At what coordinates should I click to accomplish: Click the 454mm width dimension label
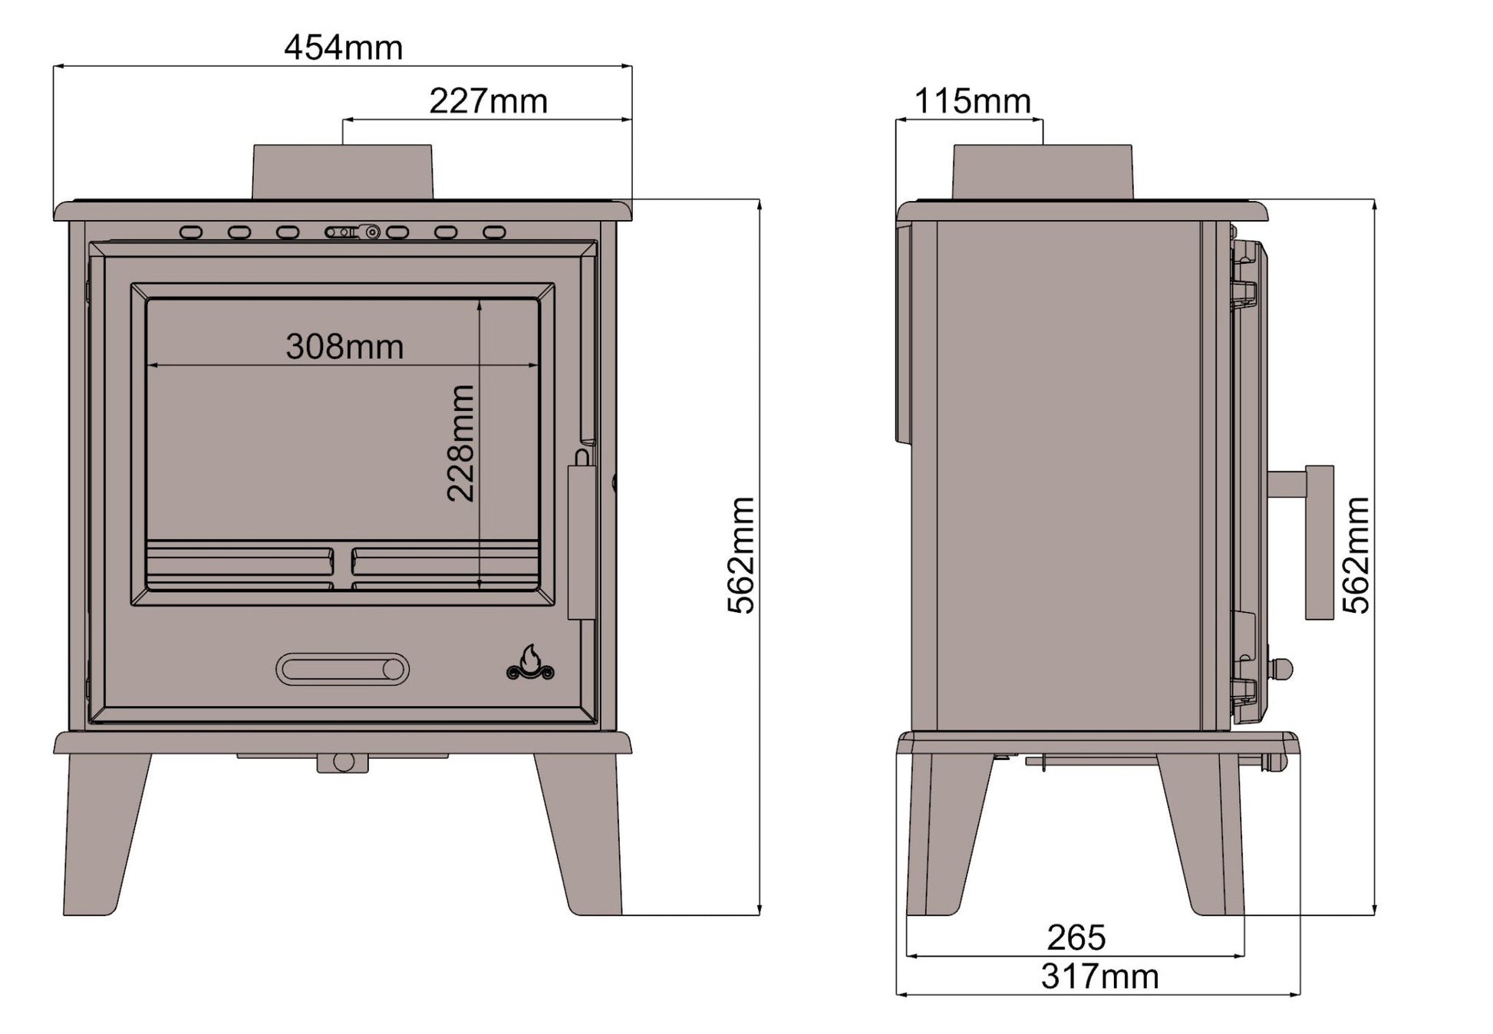343,48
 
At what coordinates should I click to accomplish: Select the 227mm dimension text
488,101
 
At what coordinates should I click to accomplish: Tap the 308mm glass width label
344,347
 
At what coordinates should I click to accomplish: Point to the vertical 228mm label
461,443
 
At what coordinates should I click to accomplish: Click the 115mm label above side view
973,101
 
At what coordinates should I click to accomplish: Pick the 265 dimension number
1076,937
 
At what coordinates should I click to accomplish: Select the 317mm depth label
1099,977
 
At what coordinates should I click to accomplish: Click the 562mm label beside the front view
741,555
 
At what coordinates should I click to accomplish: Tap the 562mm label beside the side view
1356,555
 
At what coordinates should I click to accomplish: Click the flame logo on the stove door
530,664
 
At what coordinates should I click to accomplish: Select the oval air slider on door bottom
342,670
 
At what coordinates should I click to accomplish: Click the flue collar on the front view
343,172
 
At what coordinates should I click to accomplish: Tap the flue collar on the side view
1042,172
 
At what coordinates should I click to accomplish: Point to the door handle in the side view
1319,542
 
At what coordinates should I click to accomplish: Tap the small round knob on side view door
1283,668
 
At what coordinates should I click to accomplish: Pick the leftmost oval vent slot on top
191,232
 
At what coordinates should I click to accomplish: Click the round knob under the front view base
343,762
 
